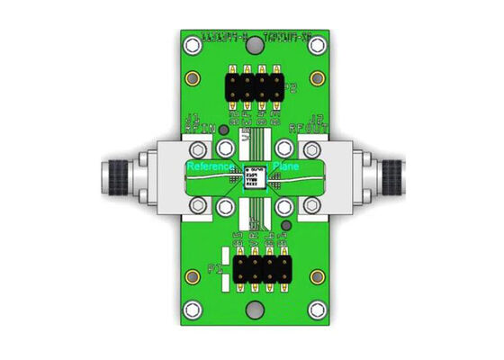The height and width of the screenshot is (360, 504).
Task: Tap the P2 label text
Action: click(291, 87)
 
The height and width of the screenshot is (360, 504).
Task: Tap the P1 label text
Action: click(216, 268)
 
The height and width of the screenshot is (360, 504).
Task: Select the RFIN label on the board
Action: click(200, 128)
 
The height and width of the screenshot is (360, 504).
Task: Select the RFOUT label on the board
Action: click(305, 128)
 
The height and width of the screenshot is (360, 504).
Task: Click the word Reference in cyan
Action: click(211, 167)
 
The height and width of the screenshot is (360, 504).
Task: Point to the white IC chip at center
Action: click(254, 176)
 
